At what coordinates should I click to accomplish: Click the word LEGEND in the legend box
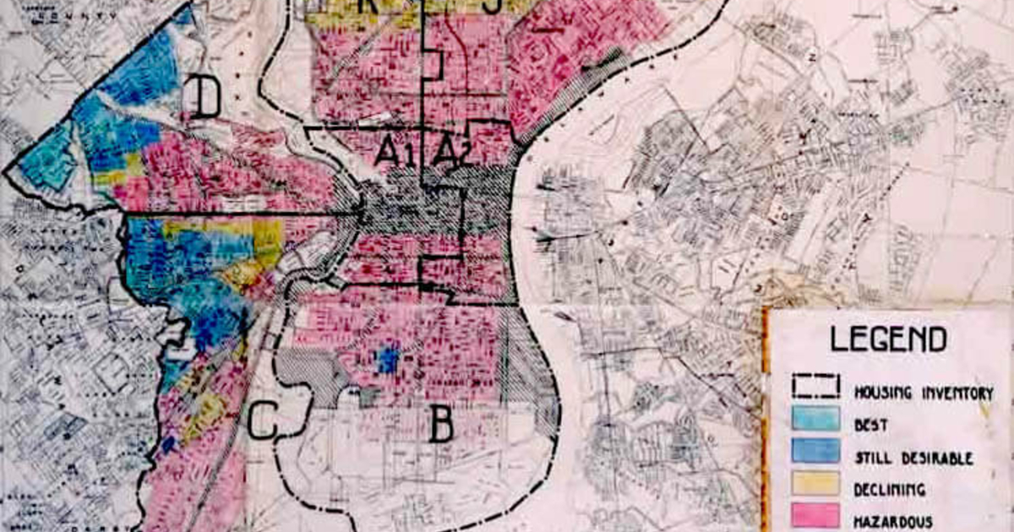pos(887,339)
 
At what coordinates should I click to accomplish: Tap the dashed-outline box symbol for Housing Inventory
pos(815,386)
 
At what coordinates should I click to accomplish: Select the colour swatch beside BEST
pos(815,419)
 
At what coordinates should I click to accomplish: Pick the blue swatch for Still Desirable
pos(815,451)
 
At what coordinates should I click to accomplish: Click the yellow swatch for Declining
pos(815,483)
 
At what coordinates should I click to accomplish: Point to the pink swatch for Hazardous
pos(815,514)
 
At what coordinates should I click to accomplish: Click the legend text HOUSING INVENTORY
pos(923,393)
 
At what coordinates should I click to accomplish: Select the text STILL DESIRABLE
pos(913,459)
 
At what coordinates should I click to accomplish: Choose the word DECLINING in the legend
pos(890,490)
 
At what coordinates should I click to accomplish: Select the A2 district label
pos(452,151)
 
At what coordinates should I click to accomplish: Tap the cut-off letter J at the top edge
pos(493,6)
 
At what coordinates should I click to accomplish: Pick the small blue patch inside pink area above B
pos(386,361)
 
